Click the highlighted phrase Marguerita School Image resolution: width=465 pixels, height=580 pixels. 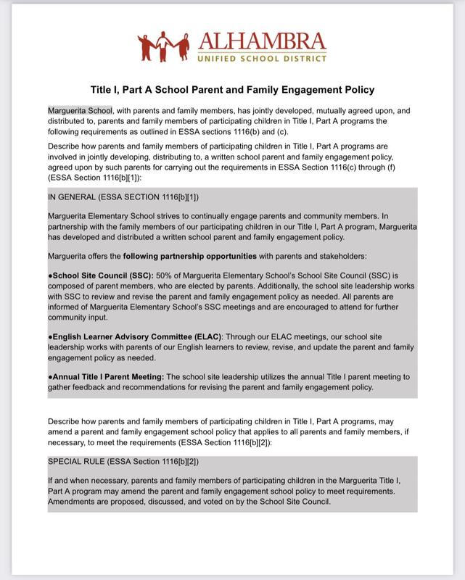(x=79, y=110)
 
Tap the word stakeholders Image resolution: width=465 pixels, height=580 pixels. (x=337, y=256)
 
